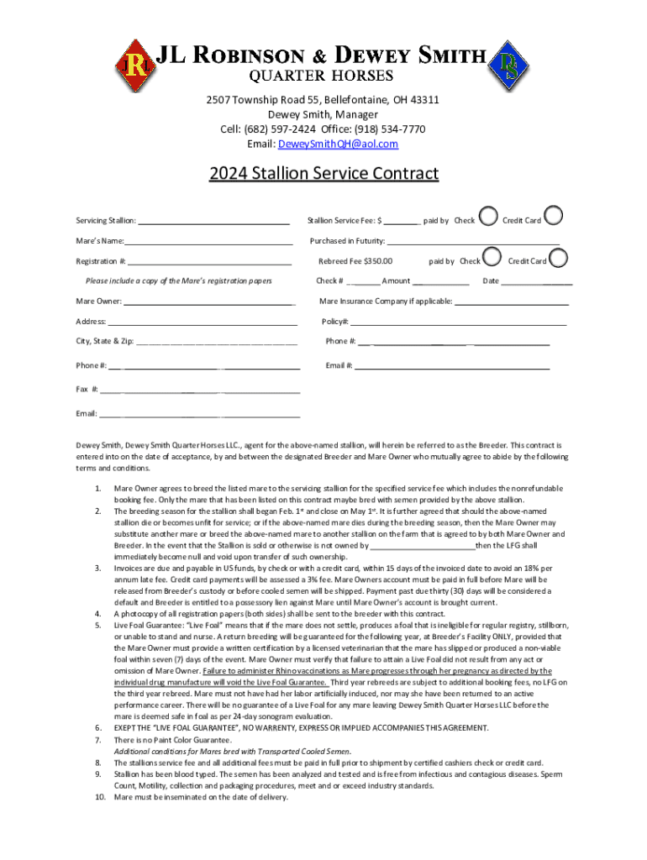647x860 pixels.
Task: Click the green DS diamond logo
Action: [510, 64]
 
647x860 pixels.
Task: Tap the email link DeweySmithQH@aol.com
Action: [351, 144]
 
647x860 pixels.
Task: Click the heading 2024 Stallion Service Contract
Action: [323, 174]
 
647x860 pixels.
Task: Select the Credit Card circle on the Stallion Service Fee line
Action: [555, 217]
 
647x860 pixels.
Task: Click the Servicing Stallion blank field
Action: [213, 222]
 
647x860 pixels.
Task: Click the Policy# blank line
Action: [459, 322]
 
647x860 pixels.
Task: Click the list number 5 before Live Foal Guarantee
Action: [98, 627]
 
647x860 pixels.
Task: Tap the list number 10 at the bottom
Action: [97, 797]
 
